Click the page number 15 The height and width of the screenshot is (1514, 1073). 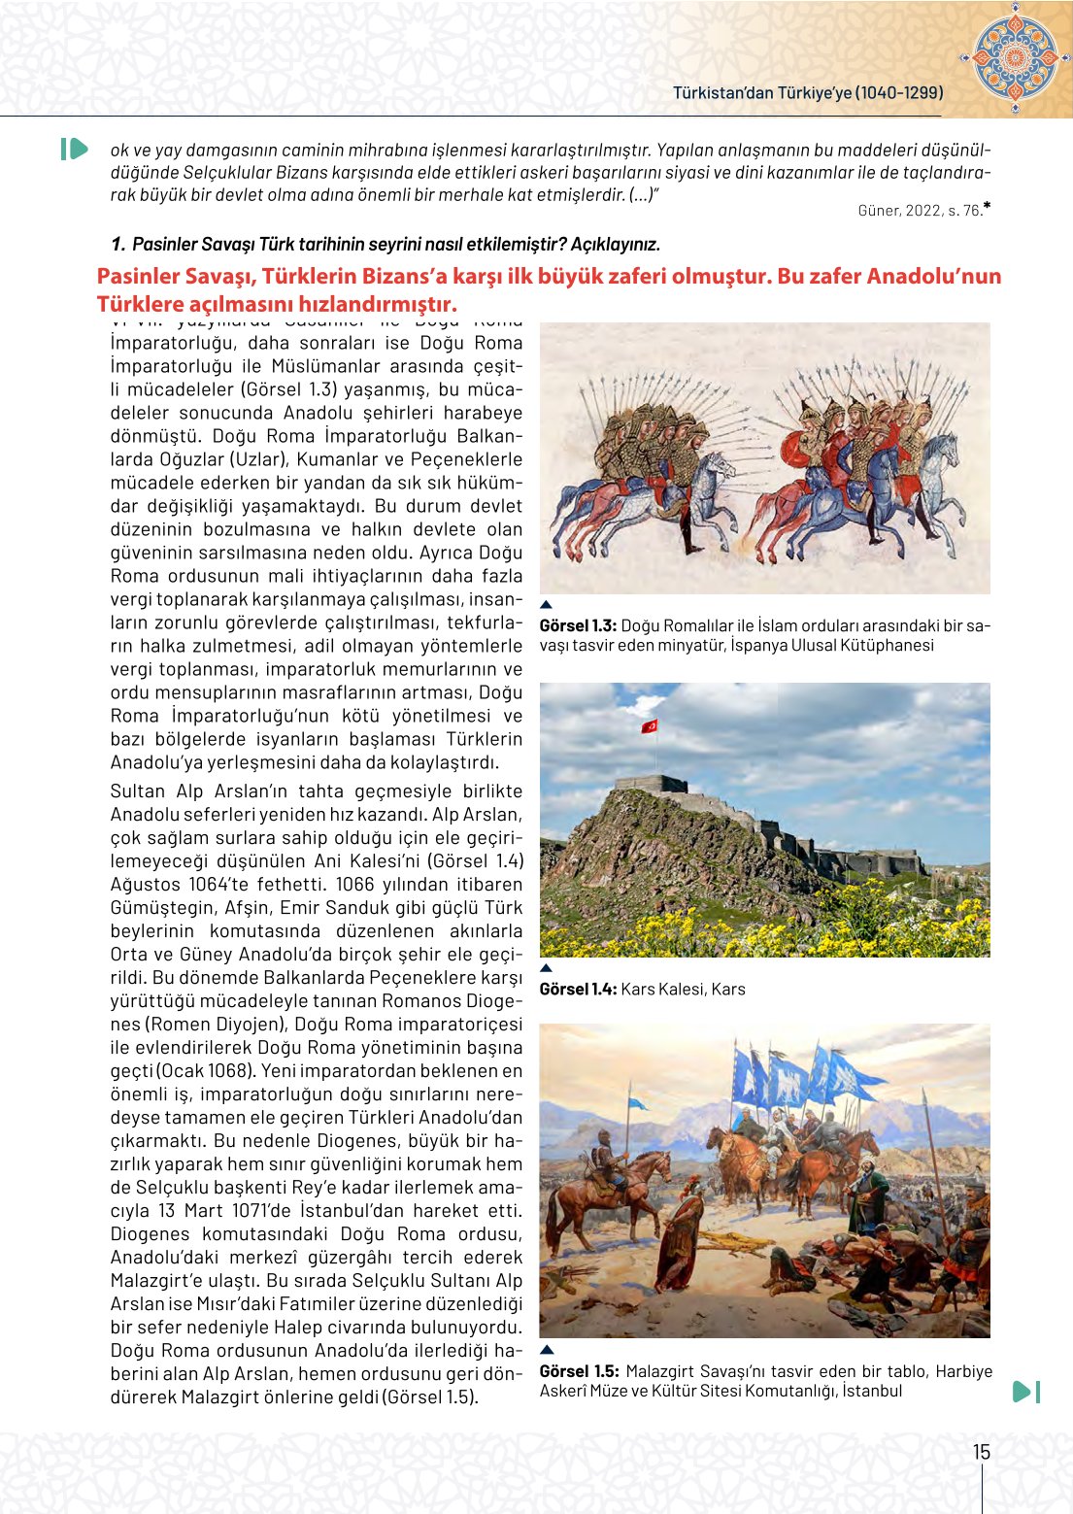(x=982, y=1452)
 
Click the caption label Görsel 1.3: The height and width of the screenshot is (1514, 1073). (x=578, y=626)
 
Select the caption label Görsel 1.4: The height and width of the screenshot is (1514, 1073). (x=578, y=990)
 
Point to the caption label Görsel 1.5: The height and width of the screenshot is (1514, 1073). (x=579, y=1371)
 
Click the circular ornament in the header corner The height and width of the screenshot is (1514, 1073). (x=1015, y=57)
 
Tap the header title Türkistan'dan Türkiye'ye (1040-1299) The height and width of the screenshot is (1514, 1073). (x=808, y=93)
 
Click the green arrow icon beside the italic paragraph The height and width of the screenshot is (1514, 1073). (x=74, y=149)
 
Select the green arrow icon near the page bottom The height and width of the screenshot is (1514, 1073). (x=1025, y=1392)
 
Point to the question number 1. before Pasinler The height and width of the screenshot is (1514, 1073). (x=117, y=245)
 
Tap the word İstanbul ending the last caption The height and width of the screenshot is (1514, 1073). (x=872, y=1391)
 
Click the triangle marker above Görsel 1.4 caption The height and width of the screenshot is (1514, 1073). (x=546, y=968)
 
